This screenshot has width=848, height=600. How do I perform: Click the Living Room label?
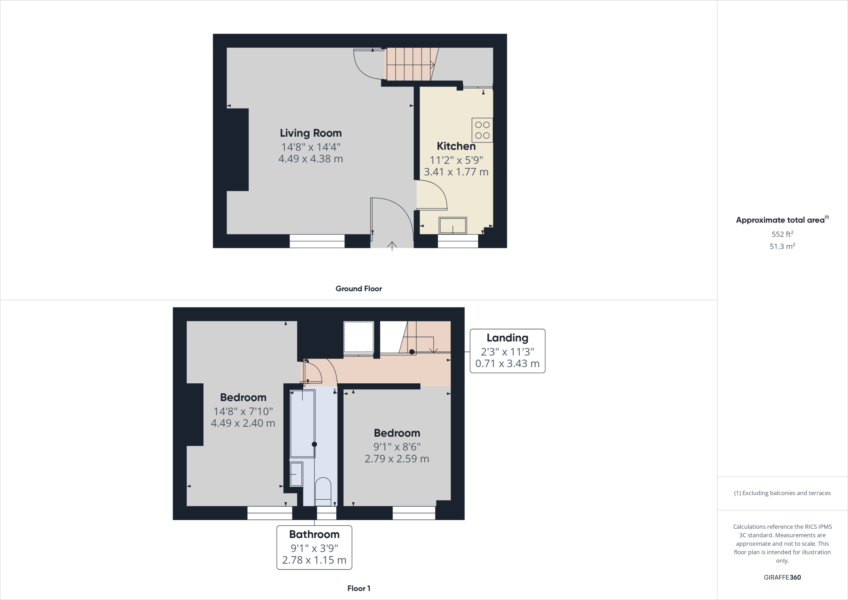click(311, 133)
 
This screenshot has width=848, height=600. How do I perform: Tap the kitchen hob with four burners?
click(482, 130)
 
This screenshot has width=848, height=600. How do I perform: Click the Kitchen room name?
click(456, 146)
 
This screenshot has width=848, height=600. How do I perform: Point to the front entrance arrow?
click(392, 246)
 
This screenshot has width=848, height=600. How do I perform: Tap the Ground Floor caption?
click(359, 289)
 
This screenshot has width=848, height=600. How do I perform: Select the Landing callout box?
click(507, 351)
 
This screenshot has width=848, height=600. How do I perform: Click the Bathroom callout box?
click(314, 547)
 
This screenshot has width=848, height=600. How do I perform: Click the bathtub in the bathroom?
click(303, 423)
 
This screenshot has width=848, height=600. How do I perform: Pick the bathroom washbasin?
click(296, 474)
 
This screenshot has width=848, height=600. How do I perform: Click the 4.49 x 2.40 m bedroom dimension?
click(243, 423)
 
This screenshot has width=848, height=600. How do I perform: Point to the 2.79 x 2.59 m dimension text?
click(397, 459)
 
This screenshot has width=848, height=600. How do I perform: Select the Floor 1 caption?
click(359, 588)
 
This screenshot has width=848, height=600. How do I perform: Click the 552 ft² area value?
click(782, 234)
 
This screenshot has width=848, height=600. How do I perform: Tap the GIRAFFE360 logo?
click(782, 577)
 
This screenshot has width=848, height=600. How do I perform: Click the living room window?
click(317, 241)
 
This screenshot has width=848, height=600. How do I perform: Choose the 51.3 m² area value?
click(782, 246)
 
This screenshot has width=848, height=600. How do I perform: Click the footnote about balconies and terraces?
click(782, 493)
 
